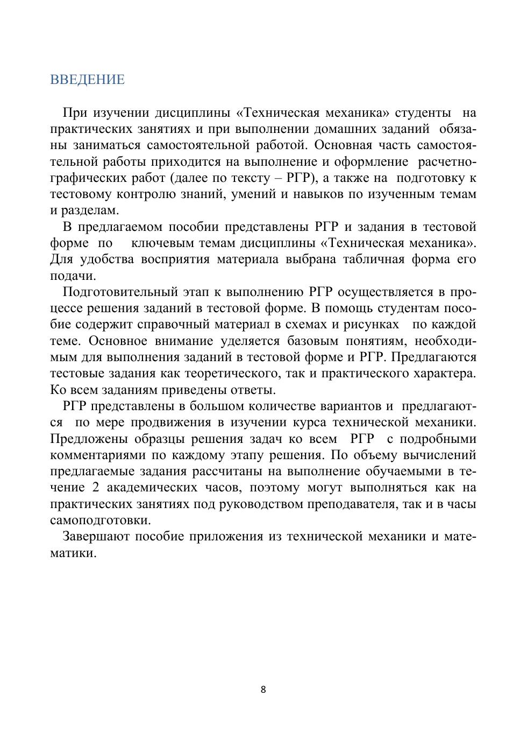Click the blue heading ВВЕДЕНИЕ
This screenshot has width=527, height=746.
point(87,80)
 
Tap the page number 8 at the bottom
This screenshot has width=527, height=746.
point(263,689)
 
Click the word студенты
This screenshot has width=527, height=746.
point(423,113)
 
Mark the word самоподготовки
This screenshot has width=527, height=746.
point(100,520)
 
